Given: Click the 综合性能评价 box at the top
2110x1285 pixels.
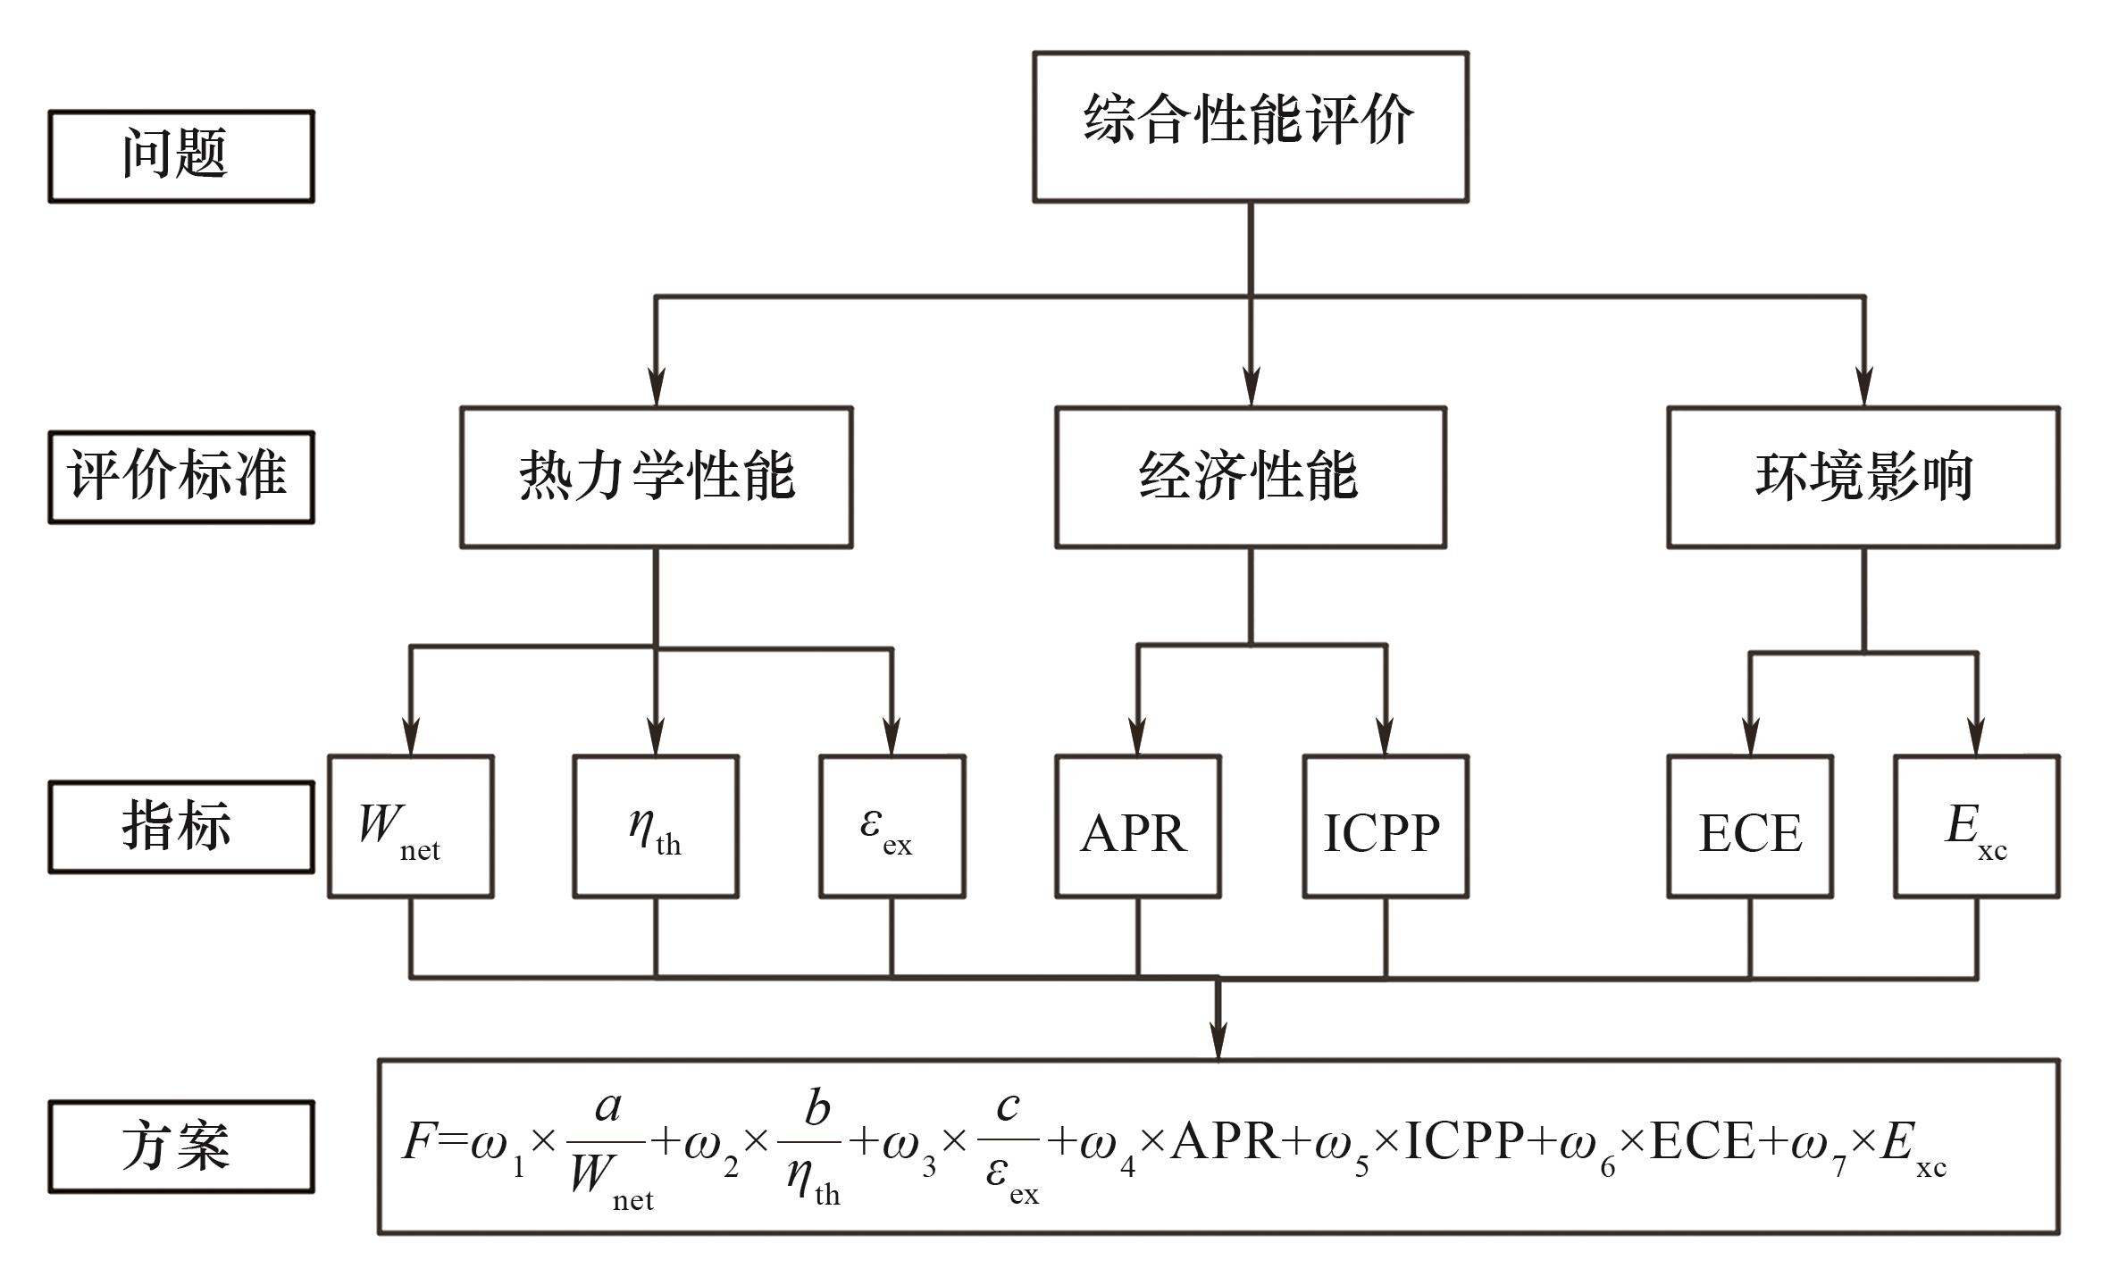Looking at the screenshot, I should tap(1250, 126).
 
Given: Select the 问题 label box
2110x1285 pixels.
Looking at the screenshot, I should tap(181, 156).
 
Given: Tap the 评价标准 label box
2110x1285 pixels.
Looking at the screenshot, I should tap(181, 477).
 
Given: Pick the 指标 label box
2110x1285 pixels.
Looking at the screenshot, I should tap(181, 826).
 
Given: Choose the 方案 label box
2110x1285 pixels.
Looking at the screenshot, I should tap(181, 1147).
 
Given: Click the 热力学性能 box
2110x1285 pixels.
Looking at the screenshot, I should tap(657, 477).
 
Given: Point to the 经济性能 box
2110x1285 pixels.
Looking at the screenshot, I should tap(1250, 477).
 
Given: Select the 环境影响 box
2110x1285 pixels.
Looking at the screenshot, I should tap(1863, 477).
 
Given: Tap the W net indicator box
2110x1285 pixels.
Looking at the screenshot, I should tap(410, 826).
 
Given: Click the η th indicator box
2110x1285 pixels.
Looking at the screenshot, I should tap(656, 826).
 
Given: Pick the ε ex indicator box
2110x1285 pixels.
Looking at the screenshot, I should tap(892, 826).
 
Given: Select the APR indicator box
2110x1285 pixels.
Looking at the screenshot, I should tap(1137, 826).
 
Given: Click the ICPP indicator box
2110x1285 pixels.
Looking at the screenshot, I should tap(1385, 826).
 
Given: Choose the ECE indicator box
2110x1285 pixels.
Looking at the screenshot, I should tap(1750, 826).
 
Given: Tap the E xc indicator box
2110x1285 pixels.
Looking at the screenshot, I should tap(1977, 826).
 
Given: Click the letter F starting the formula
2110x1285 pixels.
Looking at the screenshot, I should tap(418, 1141).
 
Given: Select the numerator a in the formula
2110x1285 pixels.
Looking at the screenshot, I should tap(607, 1107).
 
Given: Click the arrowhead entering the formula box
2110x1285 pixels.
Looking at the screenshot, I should tap(1218, 1041).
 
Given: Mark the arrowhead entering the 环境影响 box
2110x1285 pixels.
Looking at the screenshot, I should tap(1863, 388).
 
